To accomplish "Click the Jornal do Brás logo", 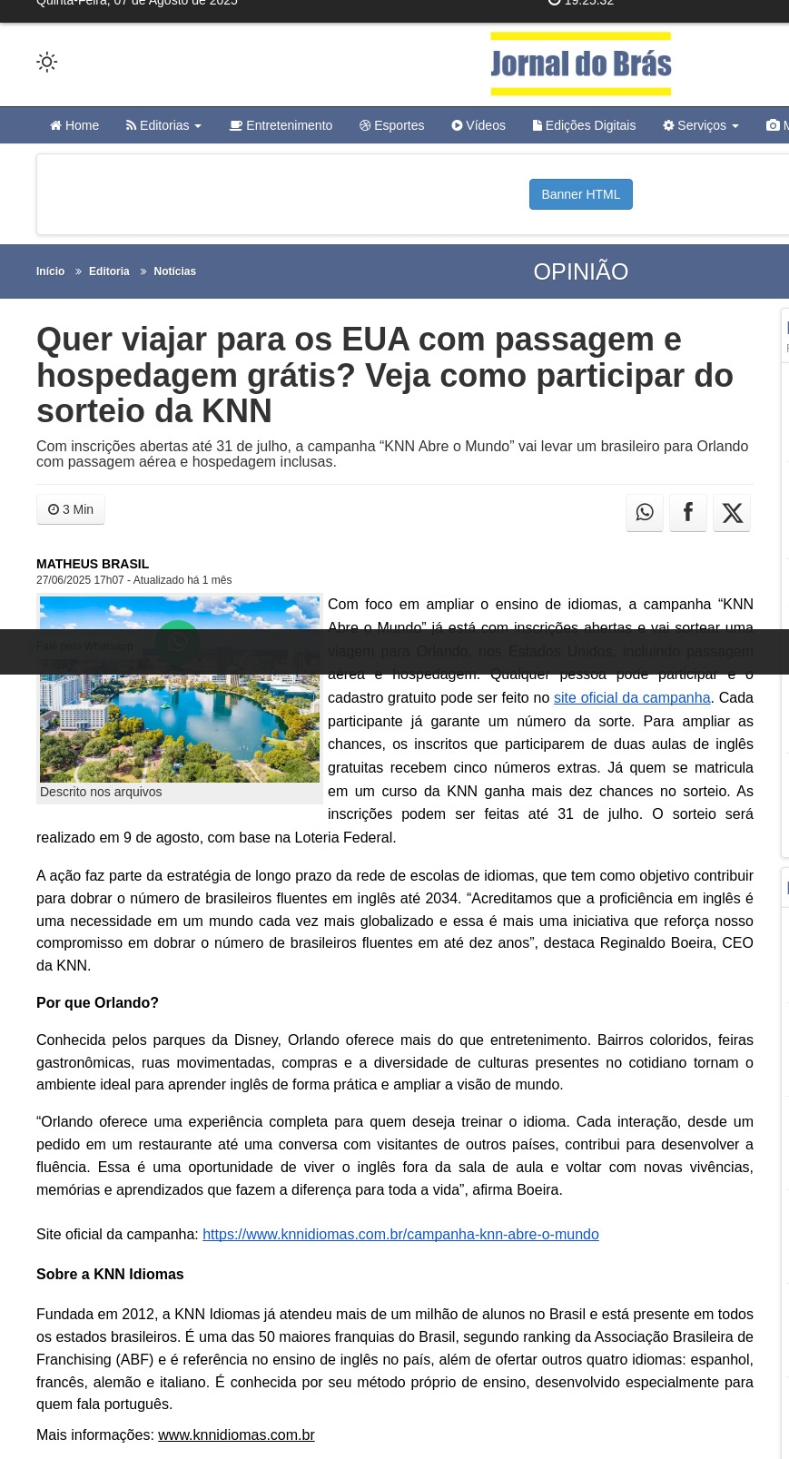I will [x=580, y=64].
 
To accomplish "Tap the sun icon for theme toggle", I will [x=46, y=62].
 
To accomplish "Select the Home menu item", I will [x=74, y=125].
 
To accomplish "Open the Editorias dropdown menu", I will [x=163, y=125].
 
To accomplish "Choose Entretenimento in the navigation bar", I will [x=281, y=125].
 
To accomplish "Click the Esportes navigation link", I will [x=391, y=125].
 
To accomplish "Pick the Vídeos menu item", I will [x=478, y=125].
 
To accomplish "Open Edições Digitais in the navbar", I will [x=584, y=125].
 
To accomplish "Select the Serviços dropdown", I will [x=701, y=125].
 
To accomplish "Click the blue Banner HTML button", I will [x=580, y=194].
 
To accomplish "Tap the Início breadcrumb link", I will [x=50, y=271].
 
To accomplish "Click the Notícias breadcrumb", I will [x=174, y=271].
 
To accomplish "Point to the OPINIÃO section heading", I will [x=580, y=271].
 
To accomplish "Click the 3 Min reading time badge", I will [x=71, y=509].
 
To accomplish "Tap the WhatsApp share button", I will [x=645, y=513].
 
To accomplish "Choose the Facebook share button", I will [x=688, y=513].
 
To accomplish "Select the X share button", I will [x=732, y=513].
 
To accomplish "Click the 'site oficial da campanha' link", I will [x=632, y=698].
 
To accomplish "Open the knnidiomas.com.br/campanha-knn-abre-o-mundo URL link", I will [x=400, y=1235].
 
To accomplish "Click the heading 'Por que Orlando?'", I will [x=97, y=1003].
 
